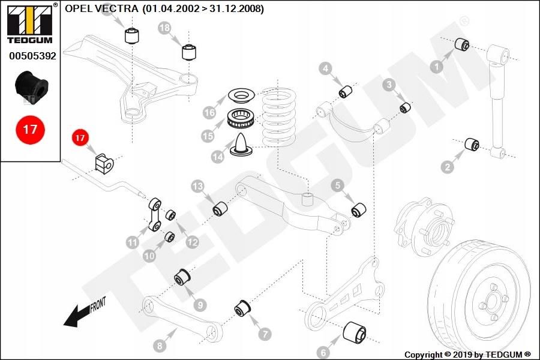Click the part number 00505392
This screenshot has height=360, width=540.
tap(32, 56)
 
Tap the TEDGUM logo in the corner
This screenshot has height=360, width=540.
tap(31, 23)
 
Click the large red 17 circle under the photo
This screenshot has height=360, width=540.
tap(30, 130)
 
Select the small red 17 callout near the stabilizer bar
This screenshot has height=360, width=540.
tap(80, 138)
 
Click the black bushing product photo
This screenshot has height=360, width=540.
tap(32, 85)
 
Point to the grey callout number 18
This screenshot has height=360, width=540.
tap(165, 28)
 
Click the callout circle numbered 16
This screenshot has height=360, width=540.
tap(209, 112)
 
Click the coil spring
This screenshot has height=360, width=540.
tap(278, 117)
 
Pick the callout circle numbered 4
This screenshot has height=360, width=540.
tap(325, 68)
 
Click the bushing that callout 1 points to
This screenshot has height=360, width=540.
tap(462, 44)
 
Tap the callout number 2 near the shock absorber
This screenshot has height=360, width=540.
tap(448, 167)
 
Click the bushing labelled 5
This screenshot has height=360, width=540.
tap(359, 209)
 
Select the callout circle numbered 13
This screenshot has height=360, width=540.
tap(197, 187)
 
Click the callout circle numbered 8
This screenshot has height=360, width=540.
tap(160, 345)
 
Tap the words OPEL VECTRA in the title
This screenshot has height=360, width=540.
tap(101, 8)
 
